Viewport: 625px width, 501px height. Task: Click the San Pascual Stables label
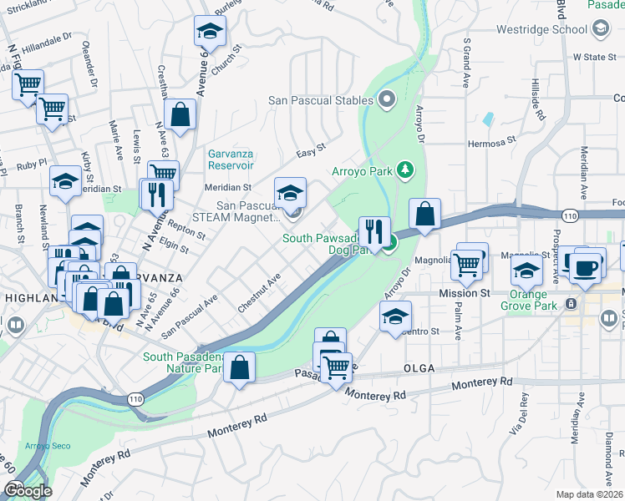[x=320, y=101]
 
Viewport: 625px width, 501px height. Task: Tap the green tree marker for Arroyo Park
[x=406, y=170]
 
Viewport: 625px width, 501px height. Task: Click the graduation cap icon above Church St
[x=210, y=33]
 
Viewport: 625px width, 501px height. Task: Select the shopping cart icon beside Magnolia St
[x=468, y=265]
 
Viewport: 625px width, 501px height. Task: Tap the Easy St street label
[x=311, y=154]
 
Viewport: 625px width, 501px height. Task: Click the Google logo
[x=28, y=491]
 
